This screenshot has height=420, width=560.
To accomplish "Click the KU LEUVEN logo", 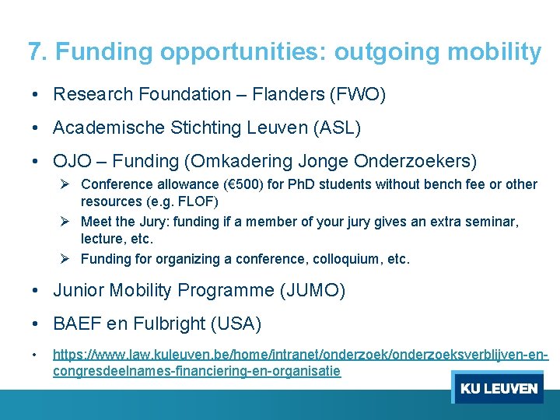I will point(498,388).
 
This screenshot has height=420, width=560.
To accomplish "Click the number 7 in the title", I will point(34,52).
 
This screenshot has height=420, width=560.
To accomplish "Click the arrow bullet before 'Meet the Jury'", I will point(66,222).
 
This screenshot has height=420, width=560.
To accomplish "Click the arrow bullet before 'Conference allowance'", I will point(66,184).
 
